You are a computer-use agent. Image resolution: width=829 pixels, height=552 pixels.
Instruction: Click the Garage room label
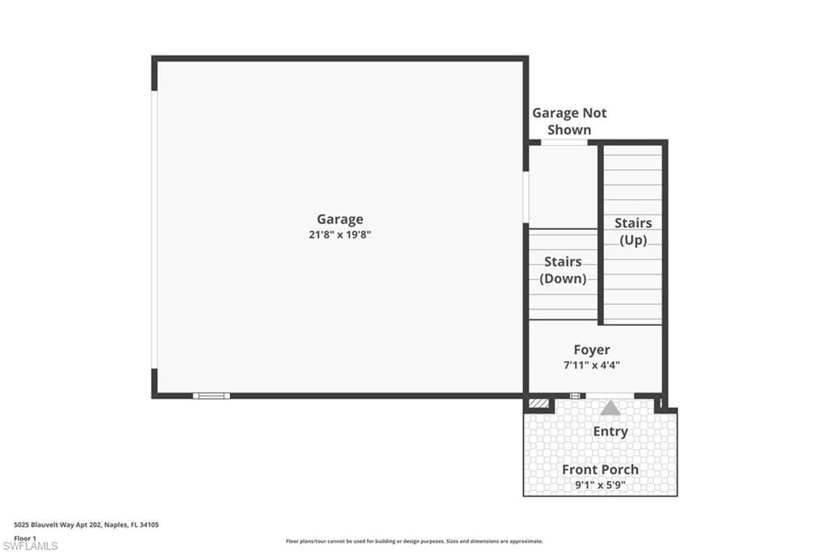click(339, 219)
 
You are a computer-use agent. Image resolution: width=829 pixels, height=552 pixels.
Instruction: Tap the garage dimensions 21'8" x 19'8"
click(339, 235)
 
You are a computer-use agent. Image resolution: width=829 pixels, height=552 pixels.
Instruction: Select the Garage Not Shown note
click(569, 121)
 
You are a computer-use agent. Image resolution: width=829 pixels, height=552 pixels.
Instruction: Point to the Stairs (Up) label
click(633, 231)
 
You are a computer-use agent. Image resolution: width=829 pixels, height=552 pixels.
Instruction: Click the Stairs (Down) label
click(563, 270)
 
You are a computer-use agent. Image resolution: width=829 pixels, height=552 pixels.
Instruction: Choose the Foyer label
click(592, 350)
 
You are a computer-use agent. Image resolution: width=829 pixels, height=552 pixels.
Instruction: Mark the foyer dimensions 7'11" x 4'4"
click(592, 364)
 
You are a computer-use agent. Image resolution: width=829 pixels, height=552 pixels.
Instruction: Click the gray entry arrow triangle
click(610, 409)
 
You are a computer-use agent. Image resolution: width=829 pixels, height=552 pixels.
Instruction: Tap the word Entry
click(610, 431)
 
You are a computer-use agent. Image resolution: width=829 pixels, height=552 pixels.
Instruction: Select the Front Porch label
click(600, 469)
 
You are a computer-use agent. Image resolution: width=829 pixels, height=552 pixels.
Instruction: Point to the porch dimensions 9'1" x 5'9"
click(600, 485)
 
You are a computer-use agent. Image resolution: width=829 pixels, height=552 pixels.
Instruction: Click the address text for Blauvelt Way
click(86, 524)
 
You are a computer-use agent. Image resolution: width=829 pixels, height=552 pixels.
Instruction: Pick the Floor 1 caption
click(25, 537)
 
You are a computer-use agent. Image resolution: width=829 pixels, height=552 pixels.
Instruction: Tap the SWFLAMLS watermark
click(30, 546)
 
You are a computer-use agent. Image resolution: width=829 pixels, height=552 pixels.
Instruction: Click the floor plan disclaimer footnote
click(414, 541)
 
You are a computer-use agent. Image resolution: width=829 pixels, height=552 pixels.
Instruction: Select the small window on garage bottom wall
click(211, 396)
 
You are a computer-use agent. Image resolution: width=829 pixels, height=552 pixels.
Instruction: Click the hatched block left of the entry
click(538, 403)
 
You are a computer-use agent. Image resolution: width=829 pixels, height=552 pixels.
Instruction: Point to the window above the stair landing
click(564, 142)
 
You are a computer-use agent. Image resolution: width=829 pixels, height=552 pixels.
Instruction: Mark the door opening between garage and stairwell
click(525, 197)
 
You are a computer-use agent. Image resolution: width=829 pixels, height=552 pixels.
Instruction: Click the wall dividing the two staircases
click(601, 235)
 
